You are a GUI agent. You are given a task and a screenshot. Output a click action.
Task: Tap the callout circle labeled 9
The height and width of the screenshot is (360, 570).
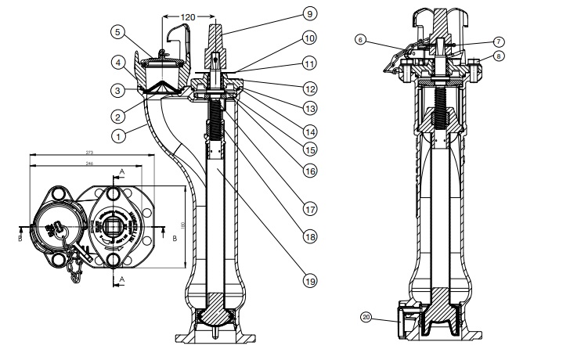[x=310, y=13]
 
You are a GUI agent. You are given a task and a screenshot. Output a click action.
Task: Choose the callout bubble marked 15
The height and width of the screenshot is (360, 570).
[x=310, y=146]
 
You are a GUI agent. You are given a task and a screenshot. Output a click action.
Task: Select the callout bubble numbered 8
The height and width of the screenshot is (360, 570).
[x=500, y=56]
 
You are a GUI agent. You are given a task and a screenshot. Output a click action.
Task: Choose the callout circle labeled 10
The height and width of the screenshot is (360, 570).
[x=310, y=38]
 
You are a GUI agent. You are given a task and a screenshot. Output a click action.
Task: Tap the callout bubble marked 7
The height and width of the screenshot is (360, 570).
[x=500, y=41]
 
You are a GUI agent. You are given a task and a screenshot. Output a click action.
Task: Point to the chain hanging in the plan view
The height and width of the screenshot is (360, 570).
[x=76, y=263]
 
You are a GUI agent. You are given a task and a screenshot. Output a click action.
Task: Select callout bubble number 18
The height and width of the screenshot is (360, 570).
[x=310, y=234]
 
